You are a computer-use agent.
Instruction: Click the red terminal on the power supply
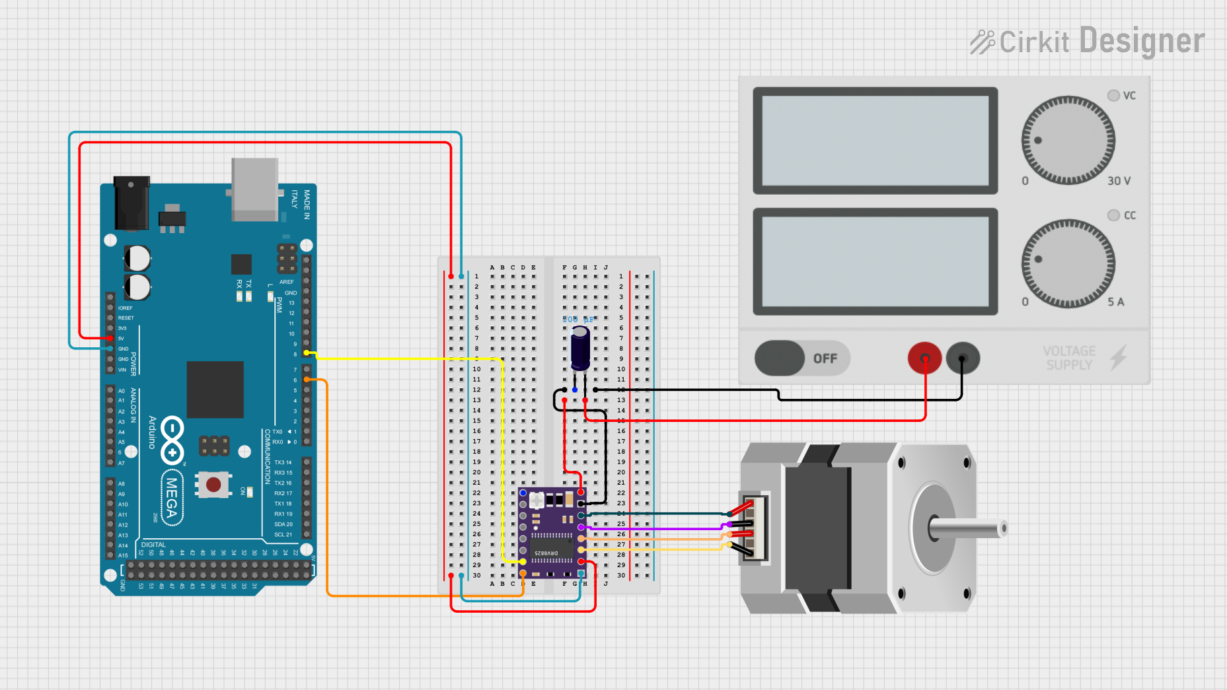click(x=924, y=358)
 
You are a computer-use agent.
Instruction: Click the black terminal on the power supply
click(x=962, y=358)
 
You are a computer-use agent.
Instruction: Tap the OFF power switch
click(x=801, y=358)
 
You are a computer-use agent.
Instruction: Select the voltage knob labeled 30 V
click(x=1068, y=140)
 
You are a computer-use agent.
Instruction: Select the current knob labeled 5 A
click(x=1068, y=263)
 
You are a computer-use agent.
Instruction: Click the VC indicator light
click(x=1113, y=96)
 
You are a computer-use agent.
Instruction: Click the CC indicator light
click(x=1113, y=215)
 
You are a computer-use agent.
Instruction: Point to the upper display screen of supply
click(x=875, y=141)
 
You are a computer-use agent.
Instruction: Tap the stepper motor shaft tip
click(x=1002, y=528)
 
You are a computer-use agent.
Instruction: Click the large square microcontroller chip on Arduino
click(x=215, y=390)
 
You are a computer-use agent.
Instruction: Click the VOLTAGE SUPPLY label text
click(x=1069, y=358)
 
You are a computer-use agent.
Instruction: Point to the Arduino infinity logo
click(x=172, y=440)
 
